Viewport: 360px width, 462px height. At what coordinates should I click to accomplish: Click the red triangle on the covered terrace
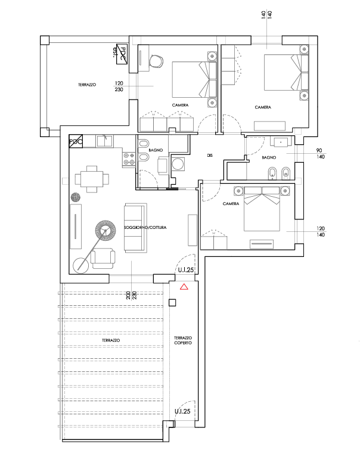tap(184, 287)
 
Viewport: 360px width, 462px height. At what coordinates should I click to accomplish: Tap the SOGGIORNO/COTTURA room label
tap(145, 228)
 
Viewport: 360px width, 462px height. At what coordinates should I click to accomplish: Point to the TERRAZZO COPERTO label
tap(183, 340)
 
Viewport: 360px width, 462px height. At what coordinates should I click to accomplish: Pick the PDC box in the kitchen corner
tap(76, 141)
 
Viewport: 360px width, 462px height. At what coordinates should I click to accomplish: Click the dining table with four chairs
tap(92, 179)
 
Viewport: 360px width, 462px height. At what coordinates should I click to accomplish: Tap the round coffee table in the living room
tap(105, 230)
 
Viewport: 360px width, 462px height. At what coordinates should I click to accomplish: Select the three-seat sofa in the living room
tap(134, 227)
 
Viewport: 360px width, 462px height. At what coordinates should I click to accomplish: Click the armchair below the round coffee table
tap(105, 258)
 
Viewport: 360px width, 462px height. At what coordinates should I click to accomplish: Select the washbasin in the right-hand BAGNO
tap(280, 142)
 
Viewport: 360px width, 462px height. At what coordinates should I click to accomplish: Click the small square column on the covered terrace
tap(173, 303)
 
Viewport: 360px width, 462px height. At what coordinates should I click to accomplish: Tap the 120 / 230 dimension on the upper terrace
tap(120, 86)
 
